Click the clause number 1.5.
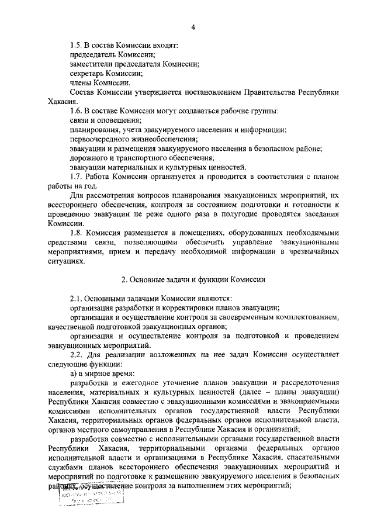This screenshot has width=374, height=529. tap(76, 45)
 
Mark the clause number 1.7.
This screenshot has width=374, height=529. tap(76, 177)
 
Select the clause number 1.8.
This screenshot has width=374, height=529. tap(76, 233)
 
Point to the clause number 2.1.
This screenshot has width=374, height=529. tap(76, 299)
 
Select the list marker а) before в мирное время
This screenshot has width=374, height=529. tap(73, 374)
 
